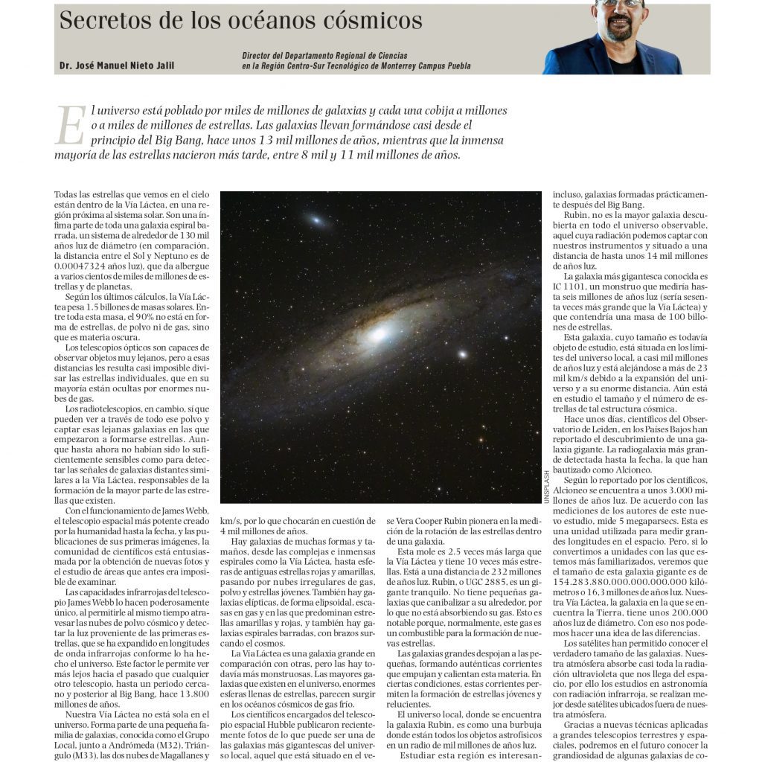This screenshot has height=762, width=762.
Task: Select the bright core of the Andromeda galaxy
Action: pyautogui.click(x=379, y=334)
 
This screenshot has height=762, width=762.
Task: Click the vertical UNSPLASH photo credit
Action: pyautogui.click(x=545, y=487)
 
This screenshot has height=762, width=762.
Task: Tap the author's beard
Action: pyautogui.click(x=619, y=28)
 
